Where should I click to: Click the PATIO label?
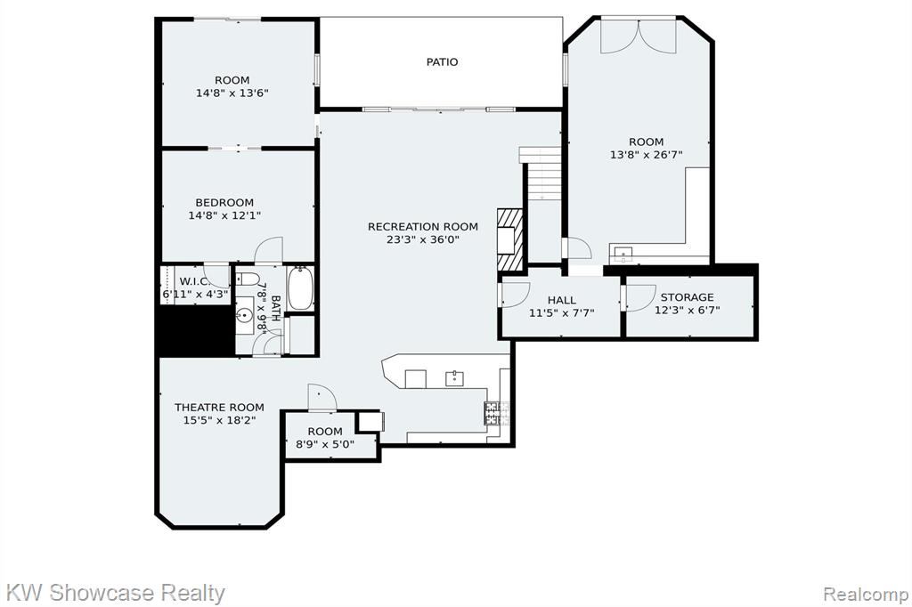tap(442, 61)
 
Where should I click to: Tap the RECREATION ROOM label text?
tap(423, 227)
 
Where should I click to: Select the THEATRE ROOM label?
tap(219, 407)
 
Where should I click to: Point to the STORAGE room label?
tap(687, 297)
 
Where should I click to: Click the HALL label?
tap(562, 300)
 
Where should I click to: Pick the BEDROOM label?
tap(224, 202)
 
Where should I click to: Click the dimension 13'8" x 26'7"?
tap(647, 155)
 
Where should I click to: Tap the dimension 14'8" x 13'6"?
tap(232, 93)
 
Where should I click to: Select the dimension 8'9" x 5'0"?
tap(325, 444)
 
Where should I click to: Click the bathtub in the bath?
tap(301, 288)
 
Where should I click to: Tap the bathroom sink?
tap(245, 316)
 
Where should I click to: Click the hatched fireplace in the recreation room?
tap(510, 239)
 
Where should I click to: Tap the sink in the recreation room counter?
tap(454, 378)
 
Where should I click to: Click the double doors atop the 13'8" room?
tap(639, 36)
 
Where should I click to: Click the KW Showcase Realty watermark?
tap(115, 593)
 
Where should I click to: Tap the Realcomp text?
tap(866, 595)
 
